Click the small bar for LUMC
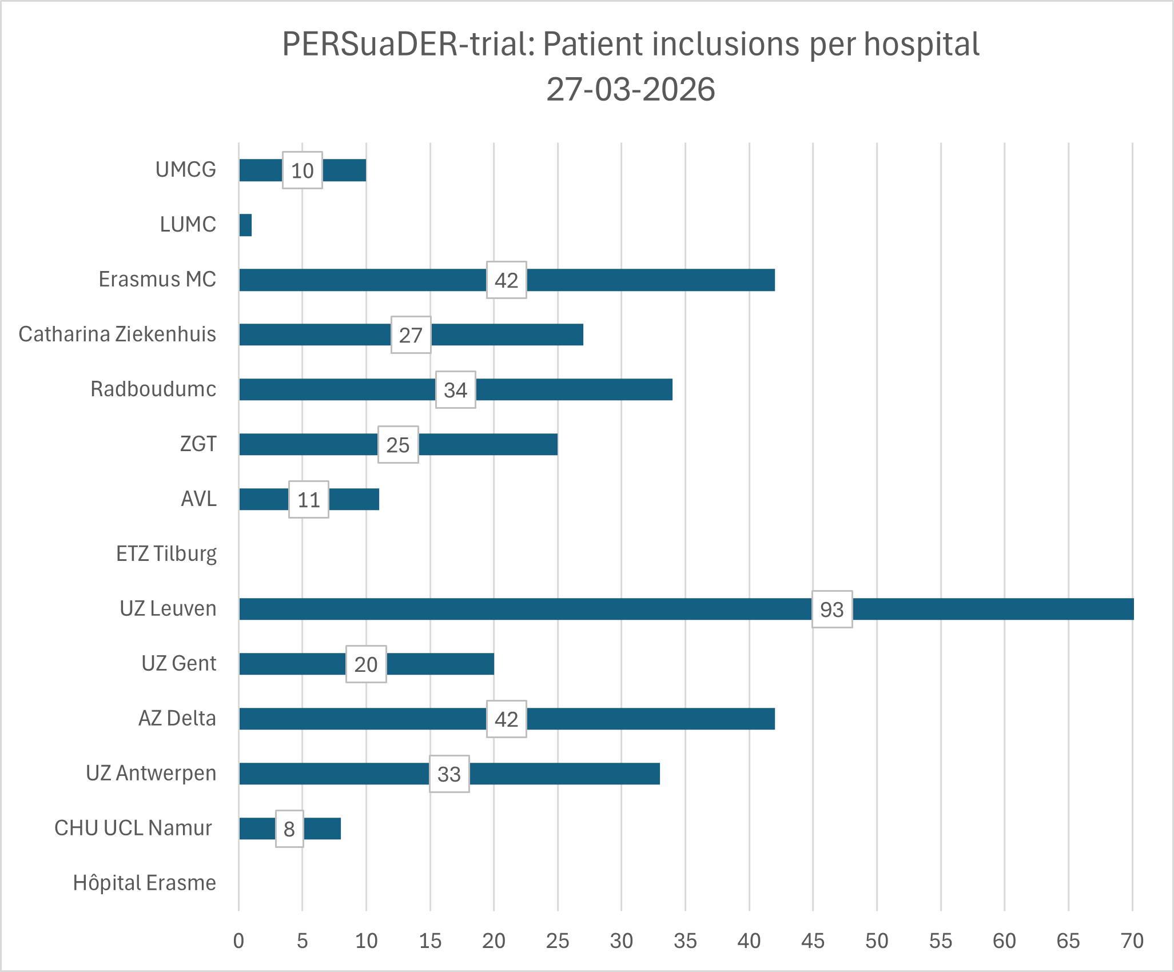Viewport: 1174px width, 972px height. (245, 225)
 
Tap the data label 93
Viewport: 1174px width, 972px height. (832, 610)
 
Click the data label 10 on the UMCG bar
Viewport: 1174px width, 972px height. (303, 170)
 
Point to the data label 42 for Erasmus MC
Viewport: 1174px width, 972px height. (507, 280)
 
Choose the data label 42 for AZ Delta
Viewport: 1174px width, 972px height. (507, 719)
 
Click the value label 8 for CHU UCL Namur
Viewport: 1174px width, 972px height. (289, 829)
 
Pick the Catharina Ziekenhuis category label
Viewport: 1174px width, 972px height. (117, 334)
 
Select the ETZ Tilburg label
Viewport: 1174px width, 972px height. (166, 554)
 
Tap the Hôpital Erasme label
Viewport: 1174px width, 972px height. (145, 883)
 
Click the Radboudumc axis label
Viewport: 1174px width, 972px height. (153, 389)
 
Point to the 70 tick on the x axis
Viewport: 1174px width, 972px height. (1132, 941)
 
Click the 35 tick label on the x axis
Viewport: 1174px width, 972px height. (685, 941)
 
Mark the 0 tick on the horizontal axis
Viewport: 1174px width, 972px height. (238, 941)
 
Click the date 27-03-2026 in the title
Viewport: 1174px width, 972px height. (631, 90)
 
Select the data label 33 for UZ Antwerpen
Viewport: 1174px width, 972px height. (449, 774)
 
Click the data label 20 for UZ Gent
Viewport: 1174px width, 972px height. (366, 664)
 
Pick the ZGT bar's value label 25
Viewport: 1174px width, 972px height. (398, 445)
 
